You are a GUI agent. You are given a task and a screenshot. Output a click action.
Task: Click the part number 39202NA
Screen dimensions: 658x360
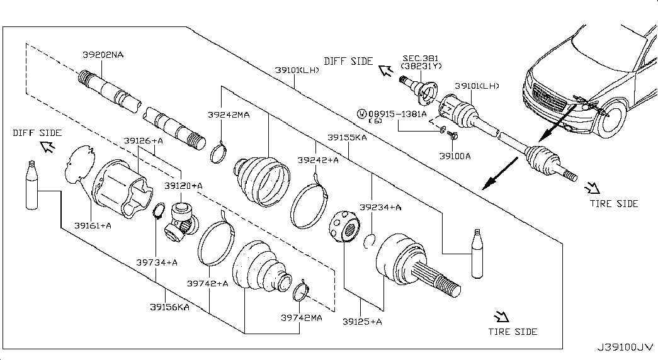(x=103, y=55)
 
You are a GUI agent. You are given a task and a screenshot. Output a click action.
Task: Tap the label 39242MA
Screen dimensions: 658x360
(x=229, y=115)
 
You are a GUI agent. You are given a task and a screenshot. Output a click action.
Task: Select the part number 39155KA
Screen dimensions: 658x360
(x=347, y=137)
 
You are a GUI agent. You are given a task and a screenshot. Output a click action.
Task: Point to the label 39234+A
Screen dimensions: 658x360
(x=380, y=207)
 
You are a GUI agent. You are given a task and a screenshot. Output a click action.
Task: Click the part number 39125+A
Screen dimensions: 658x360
(x=362, y=322)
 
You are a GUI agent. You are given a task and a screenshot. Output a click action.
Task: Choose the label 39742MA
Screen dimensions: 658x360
(x=302, y=318)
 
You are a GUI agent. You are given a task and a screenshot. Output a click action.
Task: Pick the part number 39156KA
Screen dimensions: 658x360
(x=169, y=307)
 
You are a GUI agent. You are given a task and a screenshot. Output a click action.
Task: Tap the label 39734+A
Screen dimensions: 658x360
(x=157, y=262)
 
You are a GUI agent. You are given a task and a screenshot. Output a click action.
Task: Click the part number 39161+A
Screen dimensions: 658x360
(x=93, y=226)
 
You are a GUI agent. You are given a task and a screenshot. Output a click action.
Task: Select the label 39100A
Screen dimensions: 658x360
(x=455, y=156)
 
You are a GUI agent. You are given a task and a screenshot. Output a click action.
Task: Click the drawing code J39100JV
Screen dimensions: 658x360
(x=625, y=347)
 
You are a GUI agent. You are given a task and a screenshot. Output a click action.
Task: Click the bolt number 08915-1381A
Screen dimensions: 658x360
(x=397, y=114)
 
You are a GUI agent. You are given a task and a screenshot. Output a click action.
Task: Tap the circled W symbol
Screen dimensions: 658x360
(x=361, y=114)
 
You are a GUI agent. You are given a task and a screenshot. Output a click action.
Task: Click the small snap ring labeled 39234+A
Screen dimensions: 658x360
(x=368, y=242)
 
